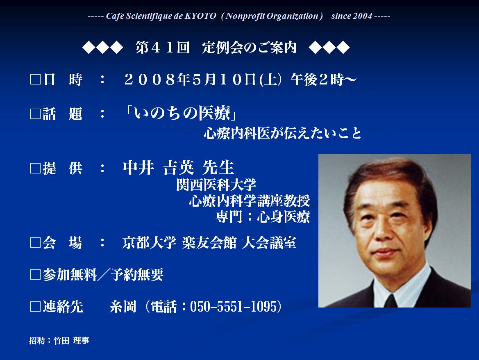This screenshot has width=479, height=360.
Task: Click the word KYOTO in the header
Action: tap(200, 16)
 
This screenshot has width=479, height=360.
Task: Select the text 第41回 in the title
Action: tap(163, 48)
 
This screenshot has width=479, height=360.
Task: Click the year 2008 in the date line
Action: tap(150, 80)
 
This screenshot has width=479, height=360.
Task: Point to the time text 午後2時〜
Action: tap(324, 80)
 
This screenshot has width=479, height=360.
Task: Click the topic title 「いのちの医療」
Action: tap(182, 113)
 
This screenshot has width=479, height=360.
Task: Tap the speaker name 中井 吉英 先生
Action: tap(178, 167)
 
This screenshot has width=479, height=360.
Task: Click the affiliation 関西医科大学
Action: tap(216, 185)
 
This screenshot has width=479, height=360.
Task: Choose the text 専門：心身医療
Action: tap(263, 216)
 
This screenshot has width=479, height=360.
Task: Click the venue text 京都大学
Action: tap(150, 243)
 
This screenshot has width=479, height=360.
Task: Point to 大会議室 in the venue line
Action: tap(269, 243)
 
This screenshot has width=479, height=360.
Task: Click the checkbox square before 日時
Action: tap(35, 80)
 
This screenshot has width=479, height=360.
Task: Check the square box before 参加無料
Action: tap(35, 274)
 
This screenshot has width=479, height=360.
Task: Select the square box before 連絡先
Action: tap(35, 307)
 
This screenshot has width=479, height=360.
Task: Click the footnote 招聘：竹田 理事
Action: tap(59, 340)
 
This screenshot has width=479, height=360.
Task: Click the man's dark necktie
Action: tap(390, 301)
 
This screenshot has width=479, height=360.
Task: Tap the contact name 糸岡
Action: tap(123, 307)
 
